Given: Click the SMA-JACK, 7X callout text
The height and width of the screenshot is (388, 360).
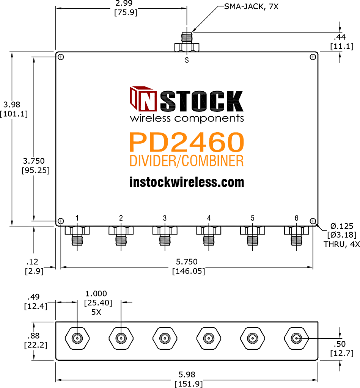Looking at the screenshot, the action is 251,6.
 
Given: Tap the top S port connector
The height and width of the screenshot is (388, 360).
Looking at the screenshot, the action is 187,42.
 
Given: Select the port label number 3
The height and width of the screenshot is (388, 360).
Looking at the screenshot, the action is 165,218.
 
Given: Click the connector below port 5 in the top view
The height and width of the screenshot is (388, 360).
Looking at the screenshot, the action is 253,235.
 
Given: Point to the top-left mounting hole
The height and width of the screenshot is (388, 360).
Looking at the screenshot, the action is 61,57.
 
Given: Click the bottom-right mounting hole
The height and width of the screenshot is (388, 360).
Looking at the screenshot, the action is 313,221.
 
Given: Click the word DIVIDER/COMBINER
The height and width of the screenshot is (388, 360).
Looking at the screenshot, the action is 187,161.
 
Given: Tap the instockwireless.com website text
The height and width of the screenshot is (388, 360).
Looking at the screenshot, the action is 187,182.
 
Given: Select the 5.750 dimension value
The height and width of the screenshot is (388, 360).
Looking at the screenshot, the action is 187,261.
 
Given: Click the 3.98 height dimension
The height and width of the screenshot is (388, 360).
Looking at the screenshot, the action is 12,105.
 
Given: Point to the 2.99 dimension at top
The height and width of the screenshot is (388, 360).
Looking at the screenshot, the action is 124,3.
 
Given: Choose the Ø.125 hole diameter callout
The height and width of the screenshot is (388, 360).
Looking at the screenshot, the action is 342,226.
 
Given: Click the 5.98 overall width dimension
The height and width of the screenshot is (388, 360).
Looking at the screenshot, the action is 187,374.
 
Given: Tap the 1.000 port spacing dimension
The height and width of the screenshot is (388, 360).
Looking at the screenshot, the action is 96,294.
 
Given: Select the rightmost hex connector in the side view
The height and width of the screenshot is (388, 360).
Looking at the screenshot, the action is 296,338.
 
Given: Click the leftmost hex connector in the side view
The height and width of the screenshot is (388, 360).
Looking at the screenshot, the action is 77,338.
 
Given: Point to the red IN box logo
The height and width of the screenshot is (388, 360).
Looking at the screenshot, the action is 143,99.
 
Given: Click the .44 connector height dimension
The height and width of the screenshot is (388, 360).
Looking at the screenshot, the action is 340,37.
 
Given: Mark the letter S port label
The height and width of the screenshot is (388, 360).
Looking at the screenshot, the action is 187,60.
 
